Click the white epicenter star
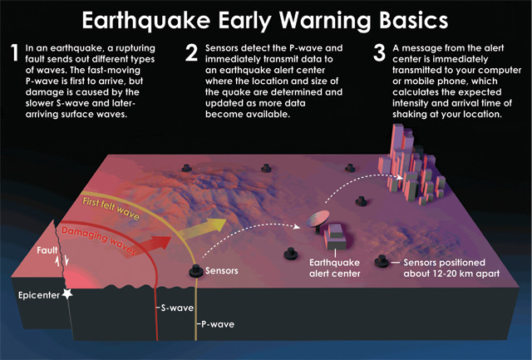(67, 293)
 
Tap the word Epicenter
(39, 295)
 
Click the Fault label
(47, 250)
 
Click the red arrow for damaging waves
(155, 243)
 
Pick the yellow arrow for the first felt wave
(202, 229)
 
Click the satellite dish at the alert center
(318, 219)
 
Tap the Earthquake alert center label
(334, 268)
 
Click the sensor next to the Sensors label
(196, 271)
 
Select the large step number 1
(14, 52)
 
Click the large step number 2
(191, 53)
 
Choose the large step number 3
(379, 53)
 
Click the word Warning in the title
(326, 21)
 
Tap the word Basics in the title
(414, 20)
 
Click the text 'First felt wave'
(111, 209)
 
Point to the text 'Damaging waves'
(98, 240)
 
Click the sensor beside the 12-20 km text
(382, 261)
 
